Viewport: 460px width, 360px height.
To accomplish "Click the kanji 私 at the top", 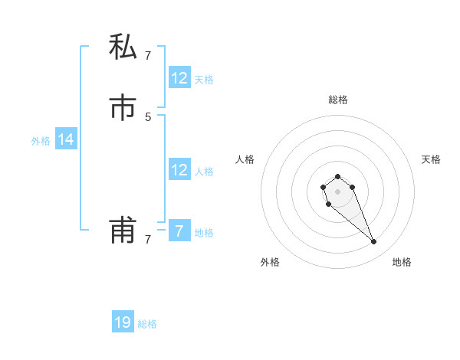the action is click(123, 47).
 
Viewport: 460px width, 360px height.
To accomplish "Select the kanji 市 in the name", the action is click(123, 108).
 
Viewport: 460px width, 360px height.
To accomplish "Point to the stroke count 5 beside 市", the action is click(148, 116).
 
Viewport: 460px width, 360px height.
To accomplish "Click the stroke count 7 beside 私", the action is click(148, 55).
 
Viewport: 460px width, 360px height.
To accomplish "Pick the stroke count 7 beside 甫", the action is click(148, 240).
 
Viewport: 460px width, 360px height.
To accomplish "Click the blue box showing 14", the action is click(66, 139).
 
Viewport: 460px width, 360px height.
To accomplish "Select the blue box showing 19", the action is click(123, 322).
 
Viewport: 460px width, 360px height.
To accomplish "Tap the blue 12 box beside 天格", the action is click(179, 77).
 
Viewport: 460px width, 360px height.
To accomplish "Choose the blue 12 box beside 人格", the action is click(179, 170).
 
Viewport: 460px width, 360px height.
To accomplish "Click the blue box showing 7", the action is click(179, 231).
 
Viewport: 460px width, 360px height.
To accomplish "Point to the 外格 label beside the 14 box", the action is click(41, 140).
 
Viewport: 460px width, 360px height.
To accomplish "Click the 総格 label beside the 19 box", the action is click(147, 324).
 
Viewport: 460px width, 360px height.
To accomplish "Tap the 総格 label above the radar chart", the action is click(338, 100).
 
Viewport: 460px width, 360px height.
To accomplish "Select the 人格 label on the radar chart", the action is click(245, 159).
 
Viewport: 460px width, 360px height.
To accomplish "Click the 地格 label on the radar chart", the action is click(402, 262).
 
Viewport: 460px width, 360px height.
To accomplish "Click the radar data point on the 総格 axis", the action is click(338, 176).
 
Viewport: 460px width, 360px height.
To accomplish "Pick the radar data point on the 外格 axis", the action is click(329, 205).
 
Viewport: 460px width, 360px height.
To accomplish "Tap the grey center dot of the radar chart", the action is click(338, 191).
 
